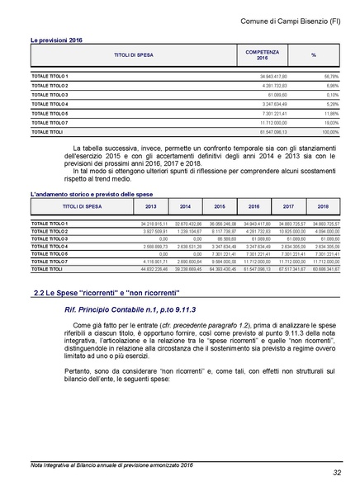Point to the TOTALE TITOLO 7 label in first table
[50, 122]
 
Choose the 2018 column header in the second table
[322, 207]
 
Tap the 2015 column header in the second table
[220, 207]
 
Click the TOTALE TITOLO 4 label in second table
[50, 246]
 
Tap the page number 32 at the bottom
[337, 473]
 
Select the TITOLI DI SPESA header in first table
[133, 54]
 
